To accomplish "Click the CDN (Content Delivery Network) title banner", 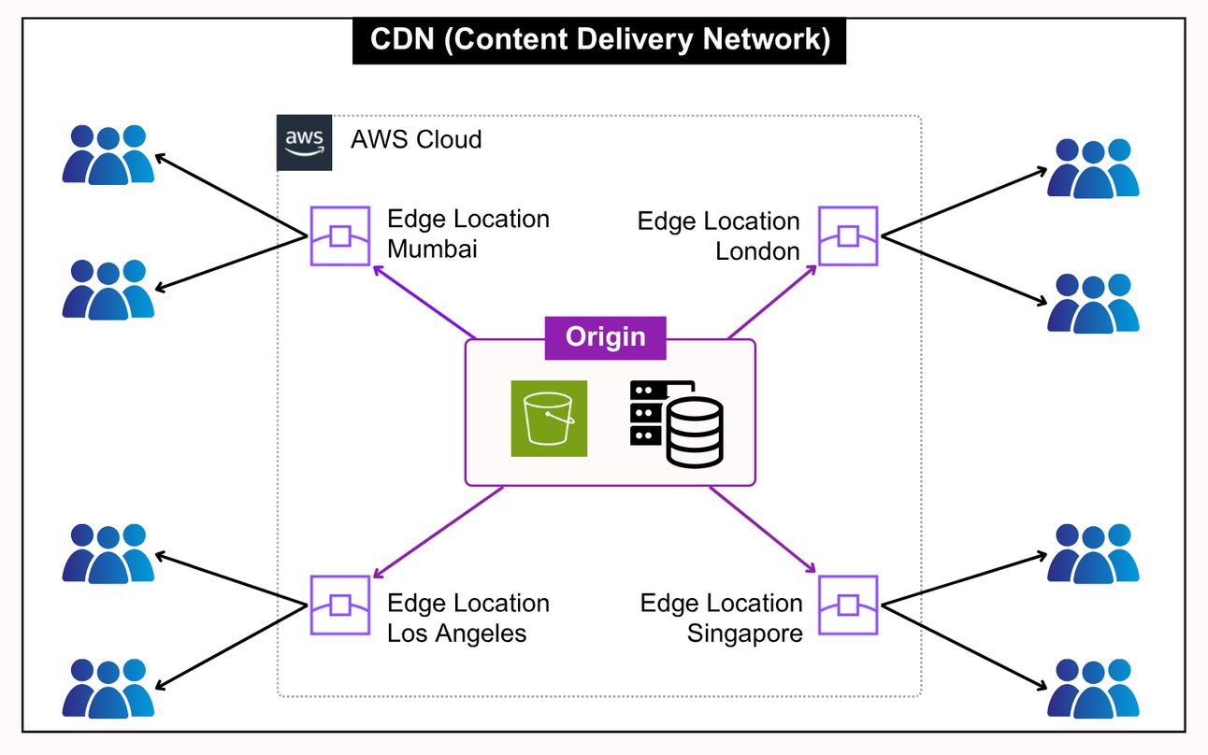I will (x=598, y=40).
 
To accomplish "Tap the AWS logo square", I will (x=304, y=143).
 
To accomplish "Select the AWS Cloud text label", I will (x=416, y=140).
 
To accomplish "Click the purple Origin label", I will (x=605, y=337).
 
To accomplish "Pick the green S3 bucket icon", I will (x=549, y=419).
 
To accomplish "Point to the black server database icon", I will (x=676, y=422).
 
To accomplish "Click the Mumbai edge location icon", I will (x=340, y=235).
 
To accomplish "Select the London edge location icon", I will (x=848, y=235).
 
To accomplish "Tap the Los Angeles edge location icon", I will (x=340, y=605).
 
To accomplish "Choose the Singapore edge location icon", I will (x=848, y=605).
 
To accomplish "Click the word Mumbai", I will (x=432, y=249).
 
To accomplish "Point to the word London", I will (x=757, y=251).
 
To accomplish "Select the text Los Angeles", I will (x=457, y=633).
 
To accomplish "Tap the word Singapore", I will (x=745, y=633).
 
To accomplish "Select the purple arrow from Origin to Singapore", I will (x=764, y=529).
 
